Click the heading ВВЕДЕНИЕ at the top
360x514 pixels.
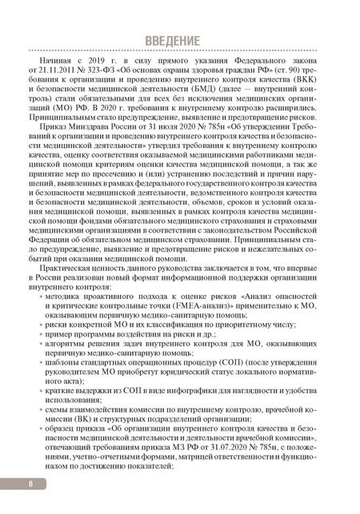(x=179, y=41)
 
